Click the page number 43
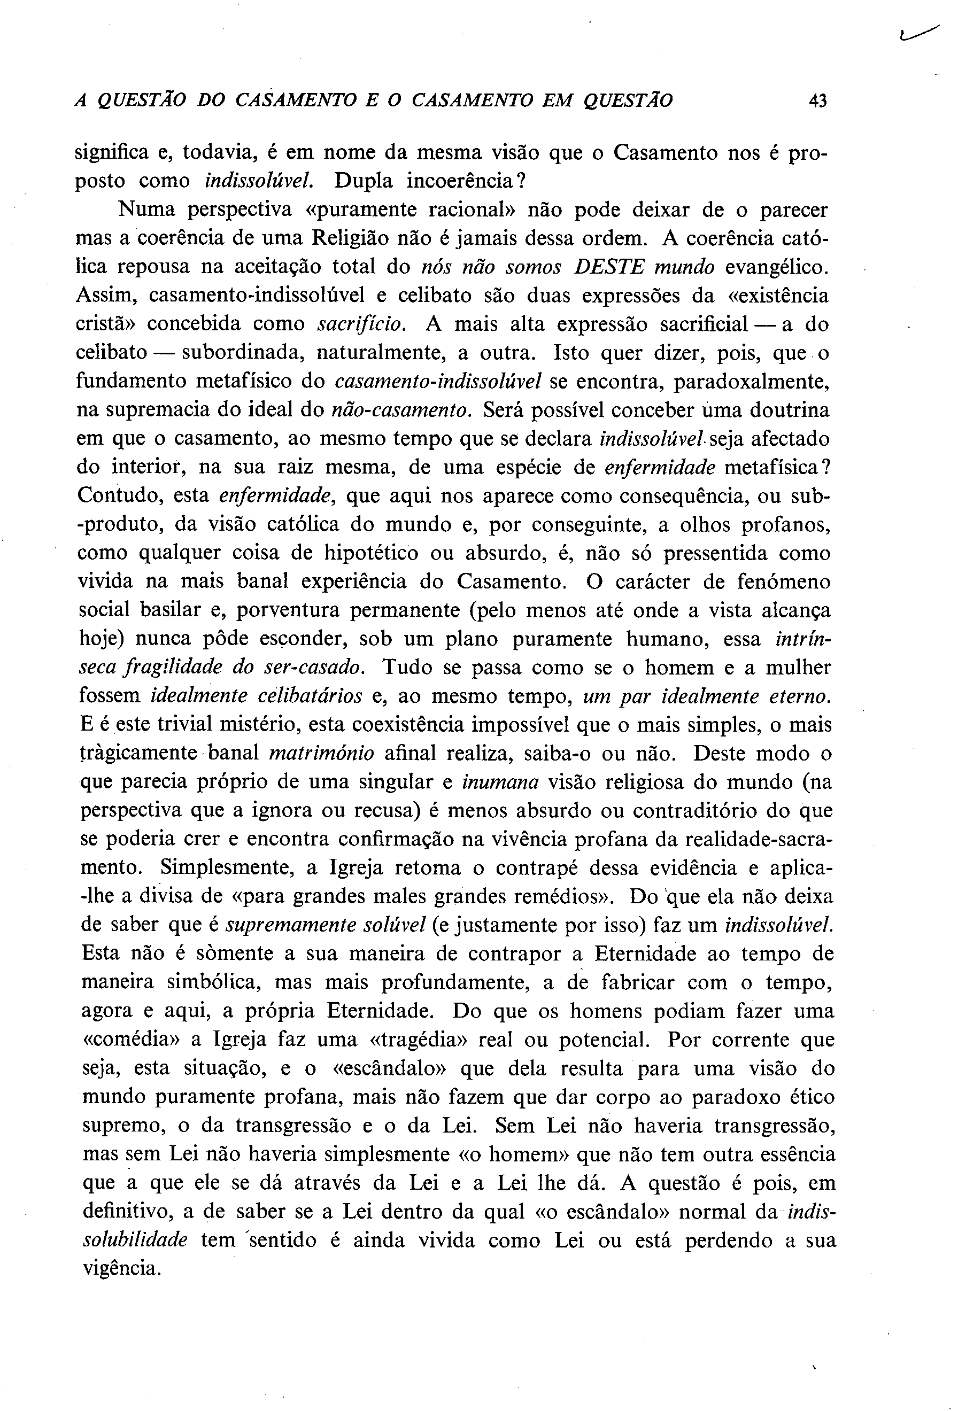(x=818, y=100)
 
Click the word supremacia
(x=153, y=410)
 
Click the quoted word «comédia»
(x=130, y=1040)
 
